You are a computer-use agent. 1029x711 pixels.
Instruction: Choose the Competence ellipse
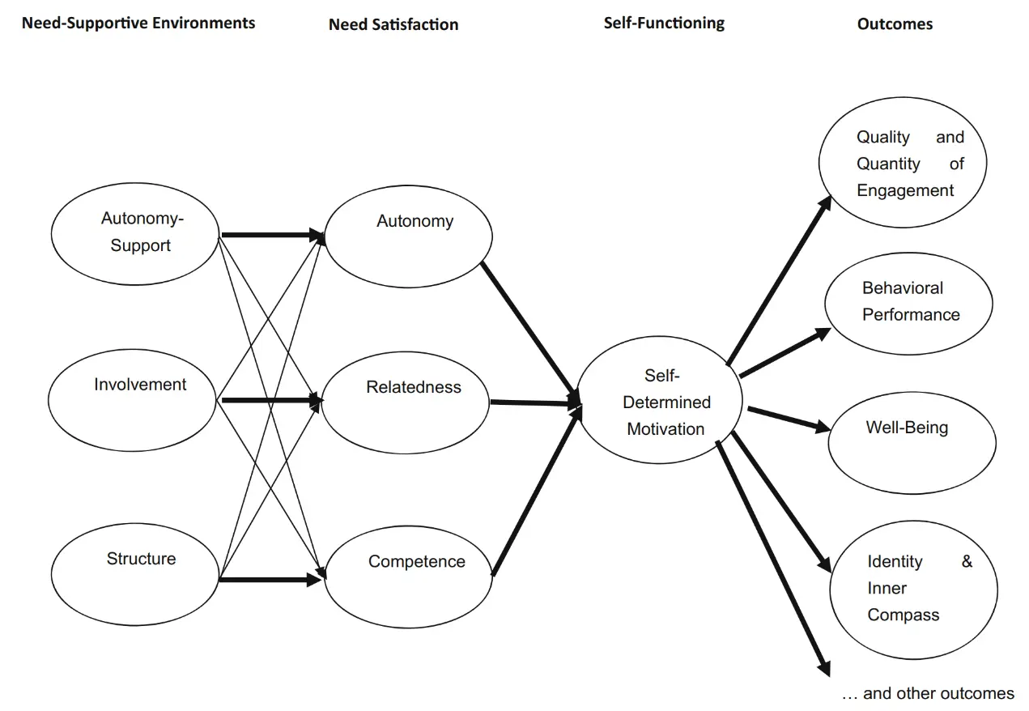pos(408,573)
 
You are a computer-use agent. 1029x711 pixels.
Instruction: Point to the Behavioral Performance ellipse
pos(908,304)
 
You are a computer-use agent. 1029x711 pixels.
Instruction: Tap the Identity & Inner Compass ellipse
pos(913,589)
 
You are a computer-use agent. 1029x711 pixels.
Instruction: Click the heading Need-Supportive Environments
pos(138,23)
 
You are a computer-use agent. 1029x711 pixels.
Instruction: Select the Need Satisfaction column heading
pos(393,24)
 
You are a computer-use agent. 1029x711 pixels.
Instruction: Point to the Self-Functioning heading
pos(664,23)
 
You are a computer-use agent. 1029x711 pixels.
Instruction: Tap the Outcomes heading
pos(895,24)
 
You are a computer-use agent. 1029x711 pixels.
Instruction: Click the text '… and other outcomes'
pos(928,693)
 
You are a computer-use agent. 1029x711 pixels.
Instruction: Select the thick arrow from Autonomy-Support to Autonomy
pos(272,236)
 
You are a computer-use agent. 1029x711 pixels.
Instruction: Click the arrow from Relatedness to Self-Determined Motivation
pos(535,402)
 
